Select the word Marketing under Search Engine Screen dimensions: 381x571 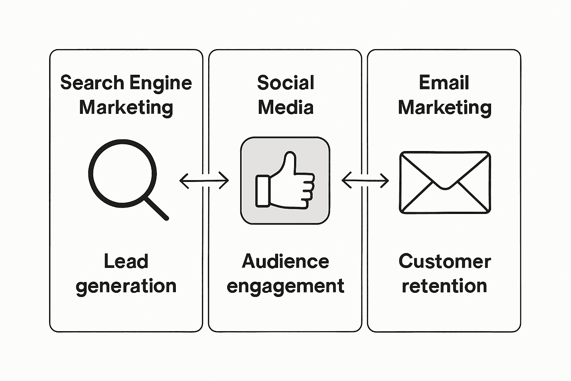pos(126,108)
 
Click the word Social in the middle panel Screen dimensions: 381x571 pos(285,83)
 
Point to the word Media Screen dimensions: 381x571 pos(285,108)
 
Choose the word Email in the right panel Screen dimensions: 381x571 pos(444,83)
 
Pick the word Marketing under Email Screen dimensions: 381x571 pos(445,108)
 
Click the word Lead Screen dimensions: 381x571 pos(126,261)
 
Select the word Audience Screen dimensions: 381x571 pos(285,261)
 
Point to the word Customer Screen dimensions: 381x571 pos(445,261)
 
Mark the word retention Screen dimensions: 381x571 pos(445,286)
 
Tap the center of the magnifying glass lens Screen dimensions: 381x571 pos(122,174)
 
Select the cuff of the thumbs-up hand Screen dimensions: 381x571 pos(262,190)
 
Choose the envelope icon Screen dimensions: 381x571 pos(445,183)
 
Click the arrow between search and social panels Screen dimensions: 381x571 pos(204,181)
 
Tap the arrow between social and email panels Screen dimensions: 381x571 pos(365,181)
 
